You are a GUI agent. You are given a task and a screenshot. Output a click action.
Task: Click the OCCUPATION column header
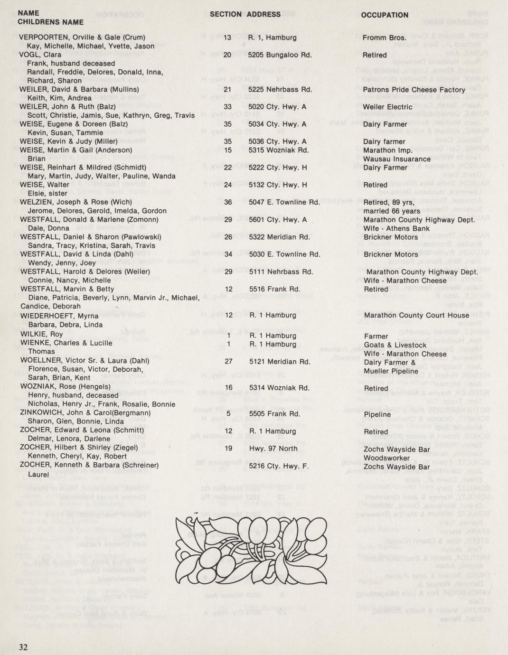point(385,15)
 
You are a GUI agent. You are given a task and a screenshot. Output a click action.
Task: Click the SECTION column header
point(226,14)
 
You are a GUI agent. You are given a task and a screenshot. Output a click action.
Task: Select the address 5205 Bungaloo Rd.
point(280,55)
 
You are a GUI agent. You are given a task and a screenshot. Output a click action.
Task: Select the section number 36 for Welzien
point(228,202)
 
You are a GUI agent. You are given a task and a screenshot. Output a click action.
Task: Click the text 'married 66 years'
point(392,211)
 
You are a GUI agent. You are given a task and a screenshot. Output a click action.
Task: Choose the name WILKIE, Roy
point(41,334)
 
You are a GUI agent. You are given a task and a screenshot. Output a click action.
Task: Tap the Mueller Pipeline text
point(391,371)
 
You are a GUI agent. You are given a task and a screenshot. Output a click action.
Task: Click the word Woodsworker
point(386,458)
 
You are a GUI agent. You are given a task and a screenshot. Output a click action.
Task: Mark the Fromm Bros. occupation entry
point(384,38)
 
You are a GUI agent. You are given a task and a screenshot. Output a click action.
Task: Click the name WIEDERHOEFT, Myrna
point(59,316)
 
